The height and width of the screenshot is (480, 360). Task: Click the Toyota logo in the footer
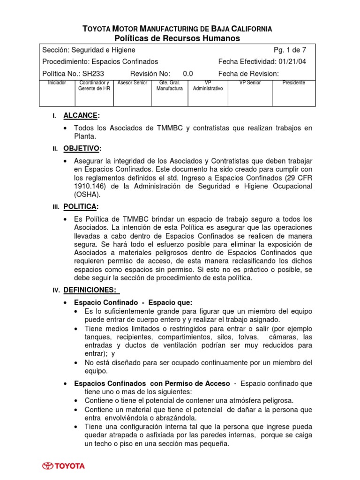pos(64,466)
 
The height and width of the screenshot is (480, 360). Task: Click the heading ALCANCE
pos(81,115)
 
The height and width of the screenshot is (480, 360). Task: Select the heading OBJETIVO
pos(82,149)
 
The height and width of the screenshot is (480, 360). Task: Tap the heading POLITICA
pos(81,207)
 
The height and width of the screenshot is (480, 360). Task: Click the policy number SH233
pos(93,73)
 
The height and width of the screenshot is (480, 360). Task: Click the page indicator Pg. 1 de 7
pos(290,50)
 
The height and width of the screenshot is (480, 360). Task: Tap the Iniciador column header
pos(57,83)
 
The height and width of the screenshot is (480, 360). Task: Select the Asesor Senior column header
pos(133,83)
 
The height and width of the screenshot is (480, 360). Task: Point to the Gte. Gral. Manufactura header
pos(169,85)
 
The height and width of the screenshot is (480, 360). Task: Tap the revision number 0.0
pos(187,73)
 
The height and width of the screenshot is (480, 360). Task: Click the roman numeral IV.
pos(55,291)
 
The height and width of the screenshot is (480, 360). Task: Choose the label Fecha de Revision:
pos(248,73)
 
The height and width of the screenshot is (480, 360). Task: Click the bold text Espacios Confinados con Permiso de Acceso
pos(152,383)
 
